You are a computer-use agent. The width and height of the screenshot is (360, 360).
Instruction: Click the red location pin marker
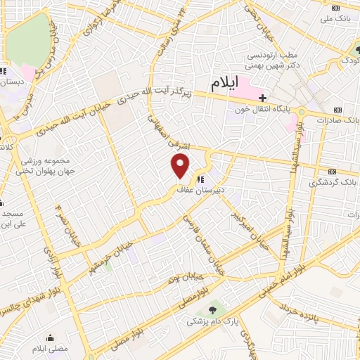(181, 166)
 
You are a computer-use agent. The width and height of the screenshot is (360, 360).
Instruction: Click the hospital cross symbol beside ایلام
(263, 98)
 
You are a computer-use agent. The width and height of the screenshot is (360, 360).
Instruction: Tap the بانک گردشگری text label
(333, 182)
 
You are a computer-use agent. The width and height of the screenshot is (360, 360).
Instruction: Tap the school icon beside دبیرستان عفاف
(202, 179)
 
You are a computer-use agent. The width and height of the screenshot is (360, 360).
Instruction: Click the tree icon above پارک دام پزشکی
(212, 309)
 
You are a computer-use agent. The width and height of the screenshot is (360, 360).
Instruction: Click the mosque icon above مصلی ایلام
(49, 337)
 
